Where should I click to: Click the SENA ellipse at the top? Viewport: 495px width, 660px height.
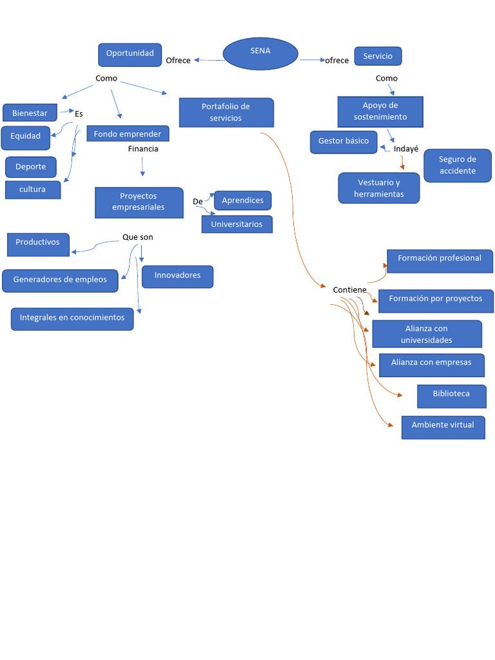[260, 53]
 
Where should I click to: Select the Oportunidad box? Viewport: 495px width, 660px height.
[130, 55]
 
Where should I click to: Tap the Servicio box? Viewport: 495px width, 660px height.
[378, 57]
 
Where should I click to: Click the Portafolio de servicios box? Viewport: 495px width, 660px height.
[226, 113]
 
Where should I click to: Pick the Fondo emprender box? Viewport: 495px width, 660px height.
[128, 134]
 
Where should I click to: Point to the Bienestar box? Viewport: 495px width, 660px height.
[30, 113]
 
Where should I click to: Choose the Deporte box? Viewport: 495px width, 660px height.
[31, 167]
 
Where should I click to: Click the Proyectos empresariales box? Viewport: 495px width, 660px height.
[139, 202]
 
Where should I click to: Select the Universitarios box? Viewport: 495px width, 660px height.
[237, 224]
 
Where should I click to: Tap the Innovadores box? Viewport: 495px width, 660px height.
[177, 276]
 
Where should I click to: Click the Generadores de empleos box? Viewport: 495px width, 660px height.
[61, 280]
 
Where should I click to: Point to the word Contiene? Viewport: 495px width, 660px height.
[349, 290]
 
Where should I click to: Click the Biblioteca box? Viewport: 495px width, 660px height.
[451, 395]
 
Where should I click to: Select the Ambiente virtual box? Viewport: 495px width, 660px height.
[443, 426]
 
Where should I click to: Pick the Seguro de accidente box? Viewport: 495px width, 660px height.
[457, 166]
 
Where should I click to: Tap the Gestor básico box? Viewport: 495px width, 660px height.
[344, 142]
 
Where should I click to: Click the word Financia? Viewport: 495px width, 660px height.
[143, 149]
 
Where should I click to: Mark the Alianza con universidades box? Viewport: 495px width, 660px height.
[427, 334]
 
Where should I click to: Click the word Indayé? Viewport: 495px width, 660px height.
[406, 149]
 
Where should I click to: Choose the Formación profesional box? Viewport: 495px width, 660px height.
[440, 260]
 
